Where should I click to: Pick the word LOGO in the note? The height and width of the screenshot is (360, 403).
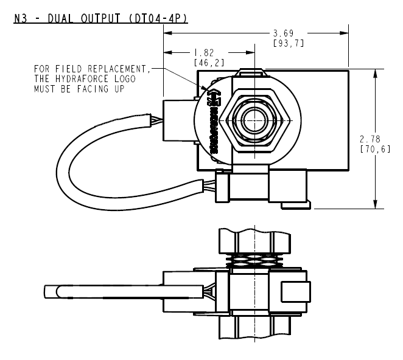pos(124,80)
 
